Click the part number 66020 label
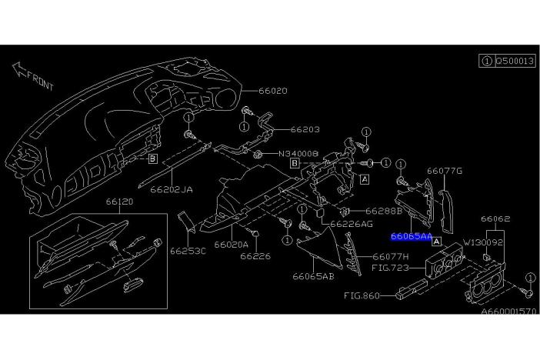pyautogui.click(x=273, y=91)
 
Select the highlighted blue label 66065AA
pyautogui.click(x=412, y=237)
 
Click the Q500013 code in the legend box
pyautogui.click(x=515, y=61)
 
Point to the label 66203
pyautogui.click(x=305, y=129)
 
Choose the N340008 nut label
pyautogui.click(x=298, y=153)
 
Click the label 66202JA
pyautogui.click(x=172, y=189)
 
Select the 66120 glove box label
pyautogui.click(x=119, y=202)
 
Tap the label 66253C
pyautogui.click(x=188, y=251)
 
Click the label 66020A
pyautogui.click(x=231, y=245)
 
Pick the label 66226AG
pyautogui.click(x=352, y=224)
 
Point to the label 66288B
pyautogui.click(x=384, y=211)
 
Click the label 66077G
pyautogui.click(x=445, y=171)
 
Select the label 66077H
pyautogui.click(x=391, y=257)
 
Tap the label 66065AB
pyautogui.click(x=313, y=276)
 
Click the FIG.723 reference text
pyautogui.click(x=391, y=268)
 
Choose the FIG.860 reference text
pyautogui.click(x=362, y=295)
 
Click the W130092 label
pyautogui.click(x=483, y=242)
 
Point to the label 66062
pyautogui.click(x=495, y=218)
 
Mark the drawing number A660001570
pyautogui.click(x=508, y=312)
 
